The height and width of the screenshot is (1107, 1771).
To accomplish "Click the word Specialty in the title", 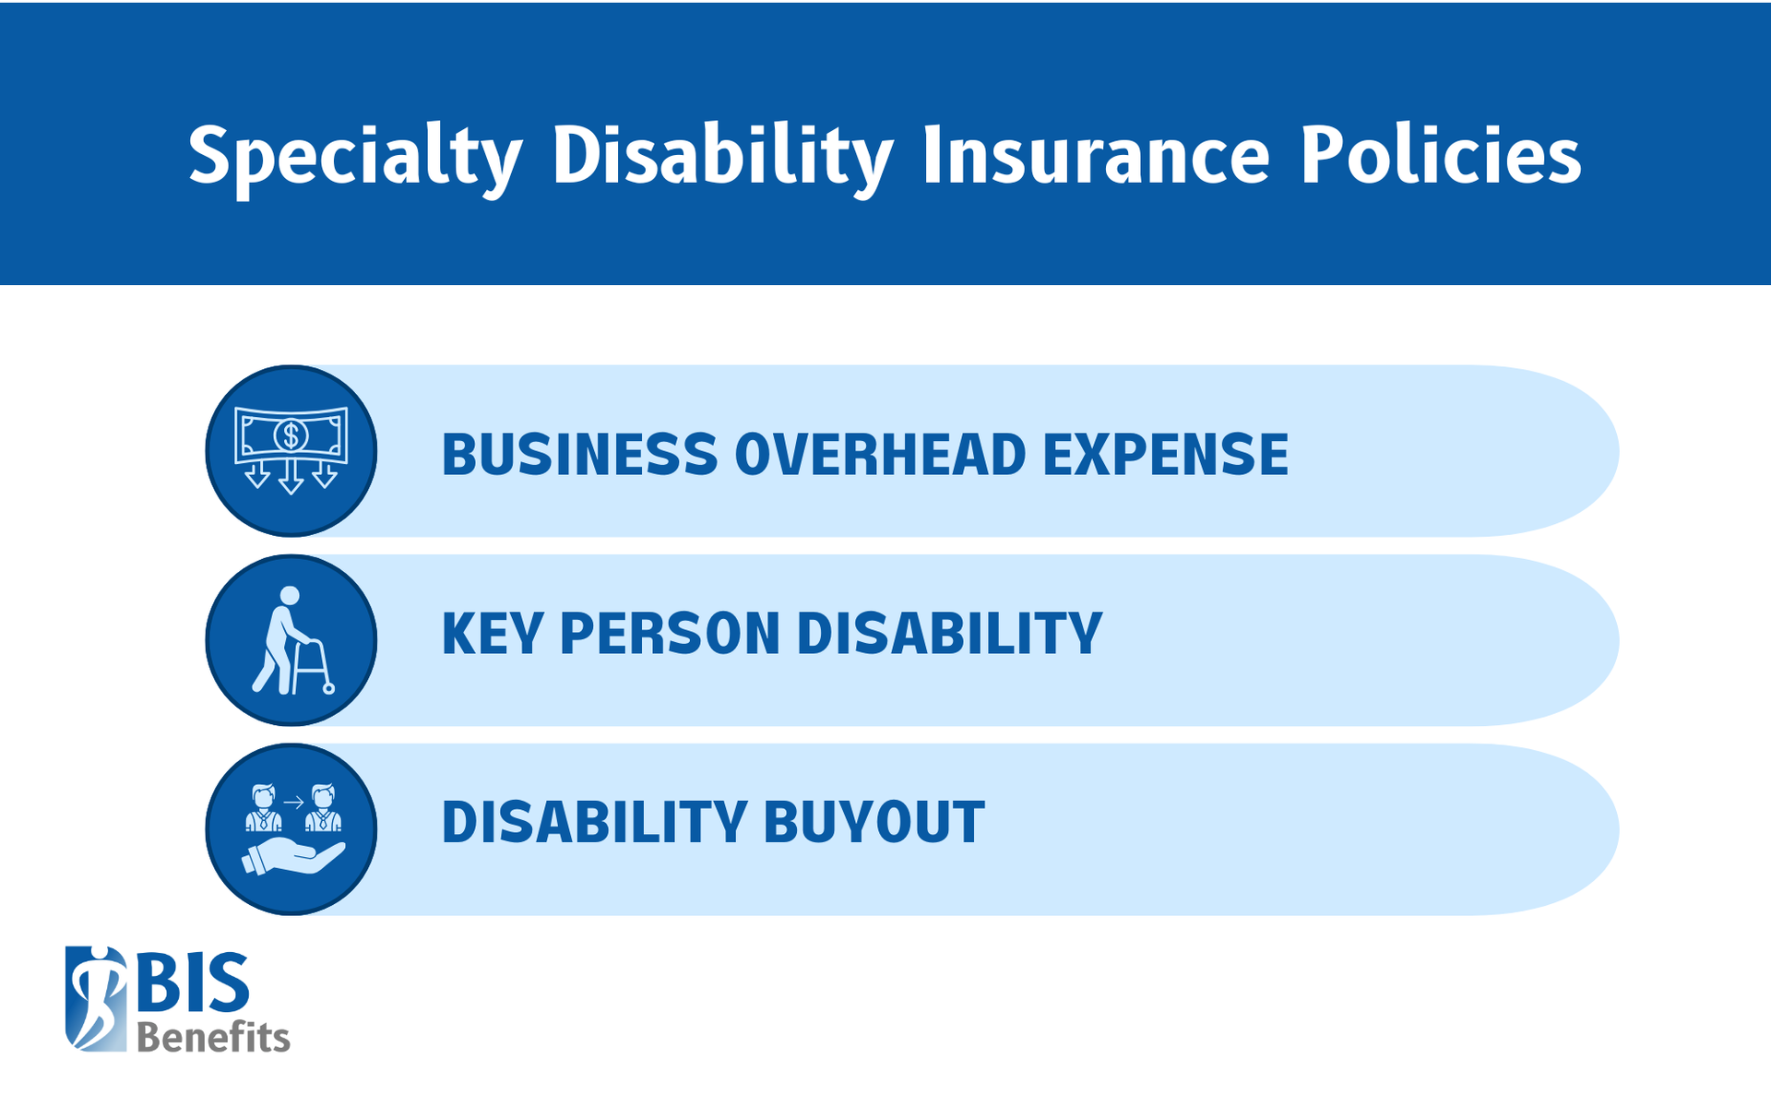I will pos(355,157).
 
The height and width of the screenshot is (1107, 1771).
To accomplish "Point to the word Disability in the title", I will pos(722,157).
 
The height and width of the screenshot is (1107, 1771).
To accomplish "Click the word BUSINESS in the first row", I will pos(579,454).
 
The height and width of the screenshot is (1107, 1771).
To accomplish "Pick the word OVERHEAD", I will pos(880,454).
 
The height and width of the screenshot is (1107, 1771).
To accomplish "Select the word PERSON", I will pos(670,634).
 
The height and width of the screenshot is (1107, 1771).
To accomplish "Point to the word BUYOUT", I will pos(874,822).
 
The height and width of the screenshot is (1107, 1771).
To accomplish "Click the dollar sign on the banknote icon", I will pos(291,434).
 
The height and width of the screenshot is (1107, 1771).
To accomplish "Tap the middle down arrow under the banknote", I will pos(291,478).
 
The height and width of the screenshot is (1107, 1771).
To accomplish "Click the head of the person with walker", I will pos(290,596).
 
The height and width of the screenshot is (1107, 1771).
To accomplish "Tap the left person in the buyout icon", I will pos(264,808).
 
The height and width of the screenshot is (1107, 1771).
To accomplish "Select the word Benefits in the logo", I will pos(213,1038).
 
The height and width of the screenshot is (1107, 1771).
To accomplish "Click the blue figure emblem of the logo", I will pos(96,998).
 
